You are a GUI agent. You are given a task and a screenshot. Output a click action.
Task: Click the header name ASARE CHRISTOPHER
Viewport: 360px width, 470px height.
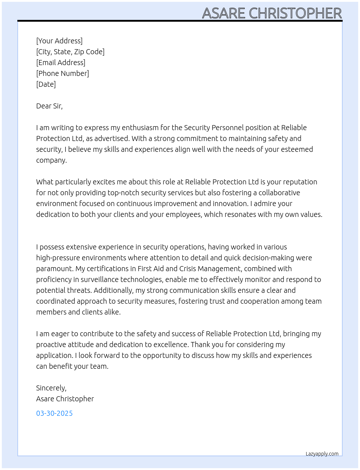272,13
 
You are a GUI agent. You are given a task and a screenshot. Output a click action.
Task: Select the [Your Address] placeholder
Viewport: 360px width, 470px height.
59,41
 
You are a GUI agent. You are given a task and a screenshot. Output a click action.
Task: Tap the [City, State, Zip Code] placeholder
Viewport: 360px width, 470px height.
70,52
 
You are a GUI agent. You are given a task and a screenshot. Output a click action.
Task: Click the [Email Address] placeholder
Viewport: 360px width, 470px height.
61,63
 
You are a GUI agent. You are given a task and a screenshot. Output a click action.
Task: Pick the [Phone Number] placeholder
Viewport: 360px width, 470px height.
63,73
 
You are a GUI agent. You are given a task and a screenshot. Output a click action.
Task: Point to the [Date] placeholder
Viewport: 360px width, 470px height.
46,84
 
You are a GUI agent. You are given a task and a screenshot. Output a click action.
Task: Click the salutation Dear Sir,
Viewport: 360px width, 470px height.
49,106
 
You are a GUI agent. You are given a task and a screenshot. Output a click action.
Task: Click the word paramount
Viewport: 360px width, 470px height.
54,269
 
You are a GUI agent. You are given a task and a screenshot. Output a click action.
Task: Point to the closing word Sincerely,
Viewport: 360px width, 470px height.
51,388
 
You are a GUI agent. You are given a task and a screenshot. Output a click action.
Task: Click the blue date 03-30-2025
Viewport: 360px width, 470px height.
54,413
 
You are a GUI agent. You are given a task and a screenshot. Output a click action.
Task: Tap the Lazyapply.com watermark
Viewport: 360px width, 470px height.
322,454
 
